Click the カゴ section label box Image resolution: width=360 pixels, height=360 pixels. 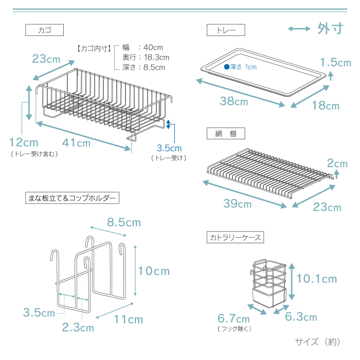click(x=44, y=30)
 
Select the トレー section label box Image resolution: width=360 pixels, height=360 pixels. click(x=226, y=30)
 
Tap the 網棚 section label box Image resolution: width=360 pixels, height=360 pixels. click(x=226, y=133)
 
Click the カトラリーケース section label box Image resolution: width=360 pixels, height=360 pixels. click(x=235, y=237)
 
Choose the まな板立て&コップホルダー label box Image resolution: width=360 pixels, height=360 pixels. click(x=72, y=197)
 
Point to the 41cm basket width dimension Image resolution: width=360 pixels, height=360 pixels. click(x=76, y=143)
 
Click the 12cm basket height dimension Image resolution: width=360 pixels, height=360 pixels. click(x=24, y=142)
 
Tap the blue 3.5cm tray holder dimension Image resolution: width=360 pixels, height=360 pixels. click(x=169, y=148)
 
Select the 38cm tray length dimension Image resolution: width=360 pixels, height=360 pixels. click(x=234, y=101)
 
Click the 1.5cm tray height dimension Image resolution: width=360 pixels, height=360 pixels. click(x=336, y=62)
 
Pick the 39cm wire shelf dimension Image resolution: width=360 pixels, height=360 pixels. click(x=238, y=204)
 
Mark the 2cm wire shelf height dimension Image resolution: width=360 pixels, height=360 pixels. click(x=337, y=164)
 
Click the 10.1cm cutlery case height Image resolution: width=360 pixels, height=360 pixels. click(x=317, y=279)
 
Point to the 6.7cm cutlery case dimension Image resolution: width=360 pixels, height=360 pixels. click(x=233, y=318)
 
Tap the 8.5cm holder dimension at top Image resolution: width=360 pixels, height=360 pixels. click(x=124, y=222)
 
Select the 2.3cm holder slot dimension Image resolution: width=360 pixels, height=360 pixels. click(x=78, y=328)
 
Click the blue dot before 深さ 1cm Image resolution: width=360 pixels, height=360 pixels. click(x=227, y=67)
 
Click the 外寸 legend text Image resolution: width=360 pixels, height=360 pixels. click(x=330, y=29)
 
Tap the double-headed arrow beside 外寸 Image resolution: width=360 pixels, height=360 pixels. click(x=299, y=29)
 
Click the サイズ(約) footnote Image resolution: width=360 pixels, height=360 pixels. click(x=317, y=342)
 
